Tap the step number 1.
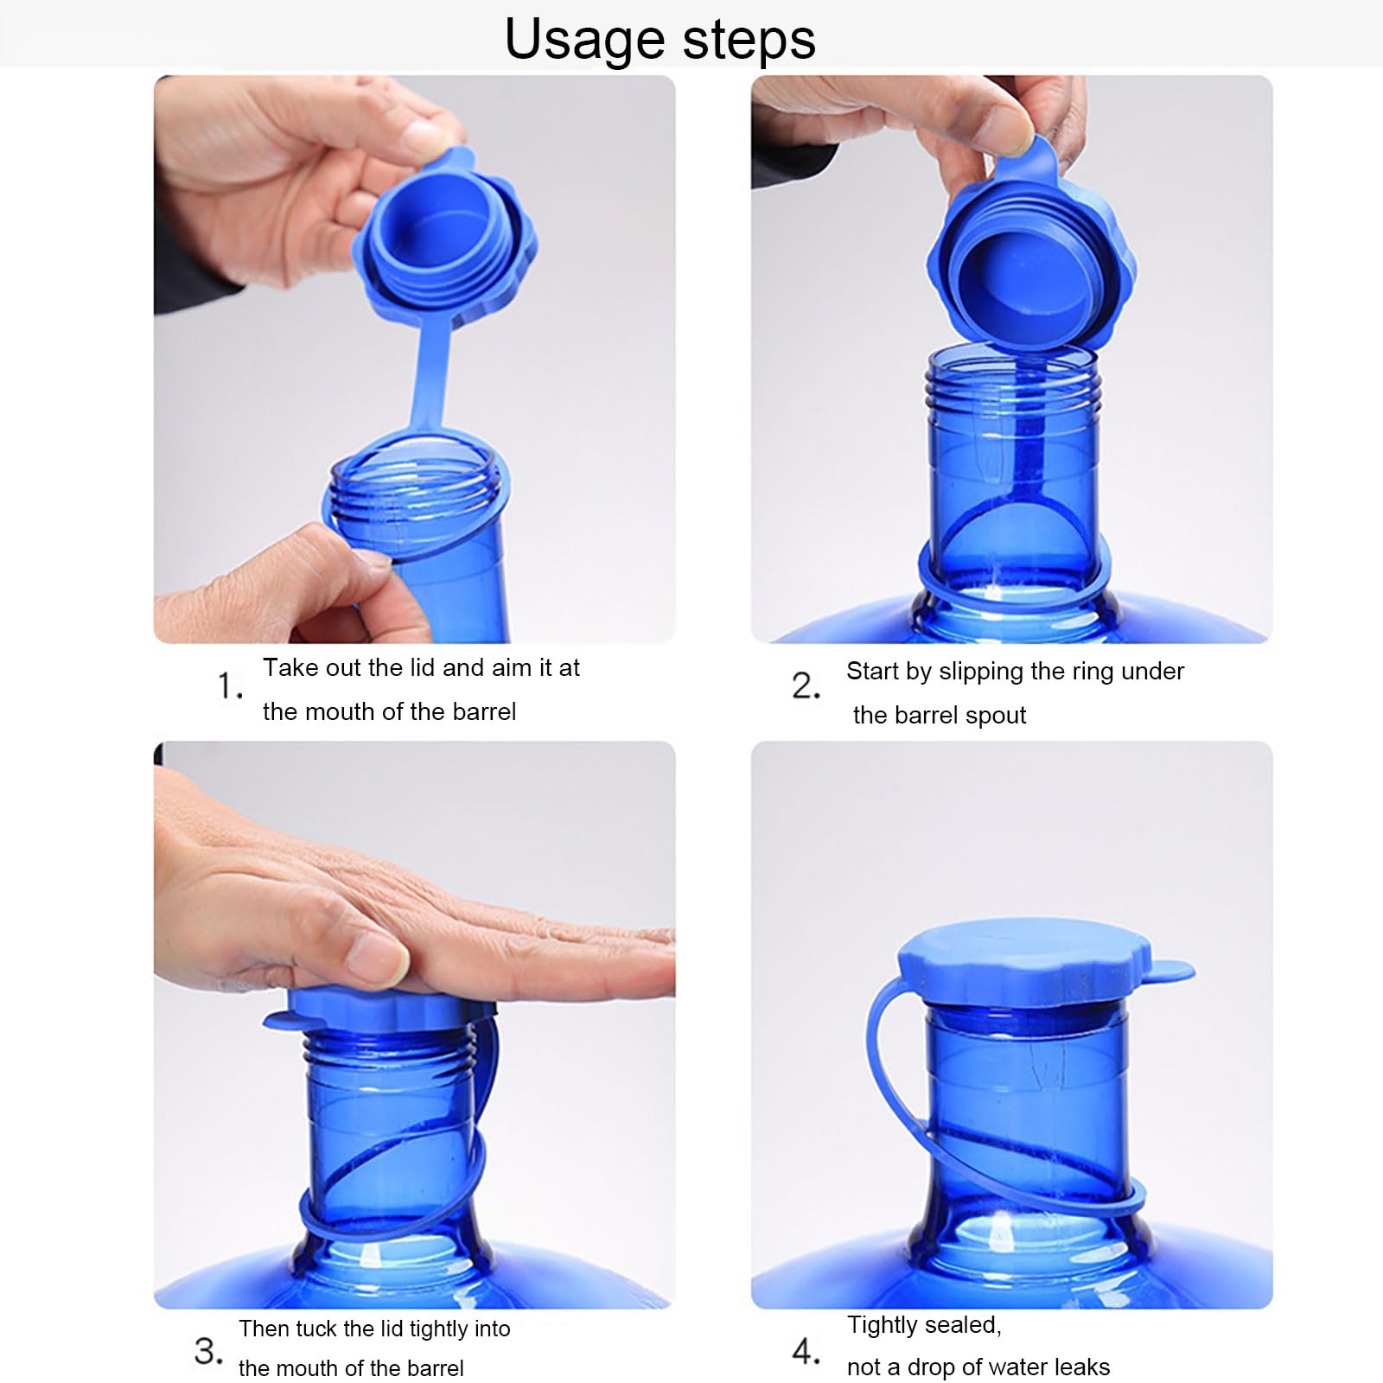[x=230, y=685]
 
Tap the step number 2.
[x=806, y=685]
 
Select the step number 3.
[x=208, y=1350]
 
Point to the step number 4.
[x=806, y=1350]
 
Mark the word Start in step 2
[x=872, y=672]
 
